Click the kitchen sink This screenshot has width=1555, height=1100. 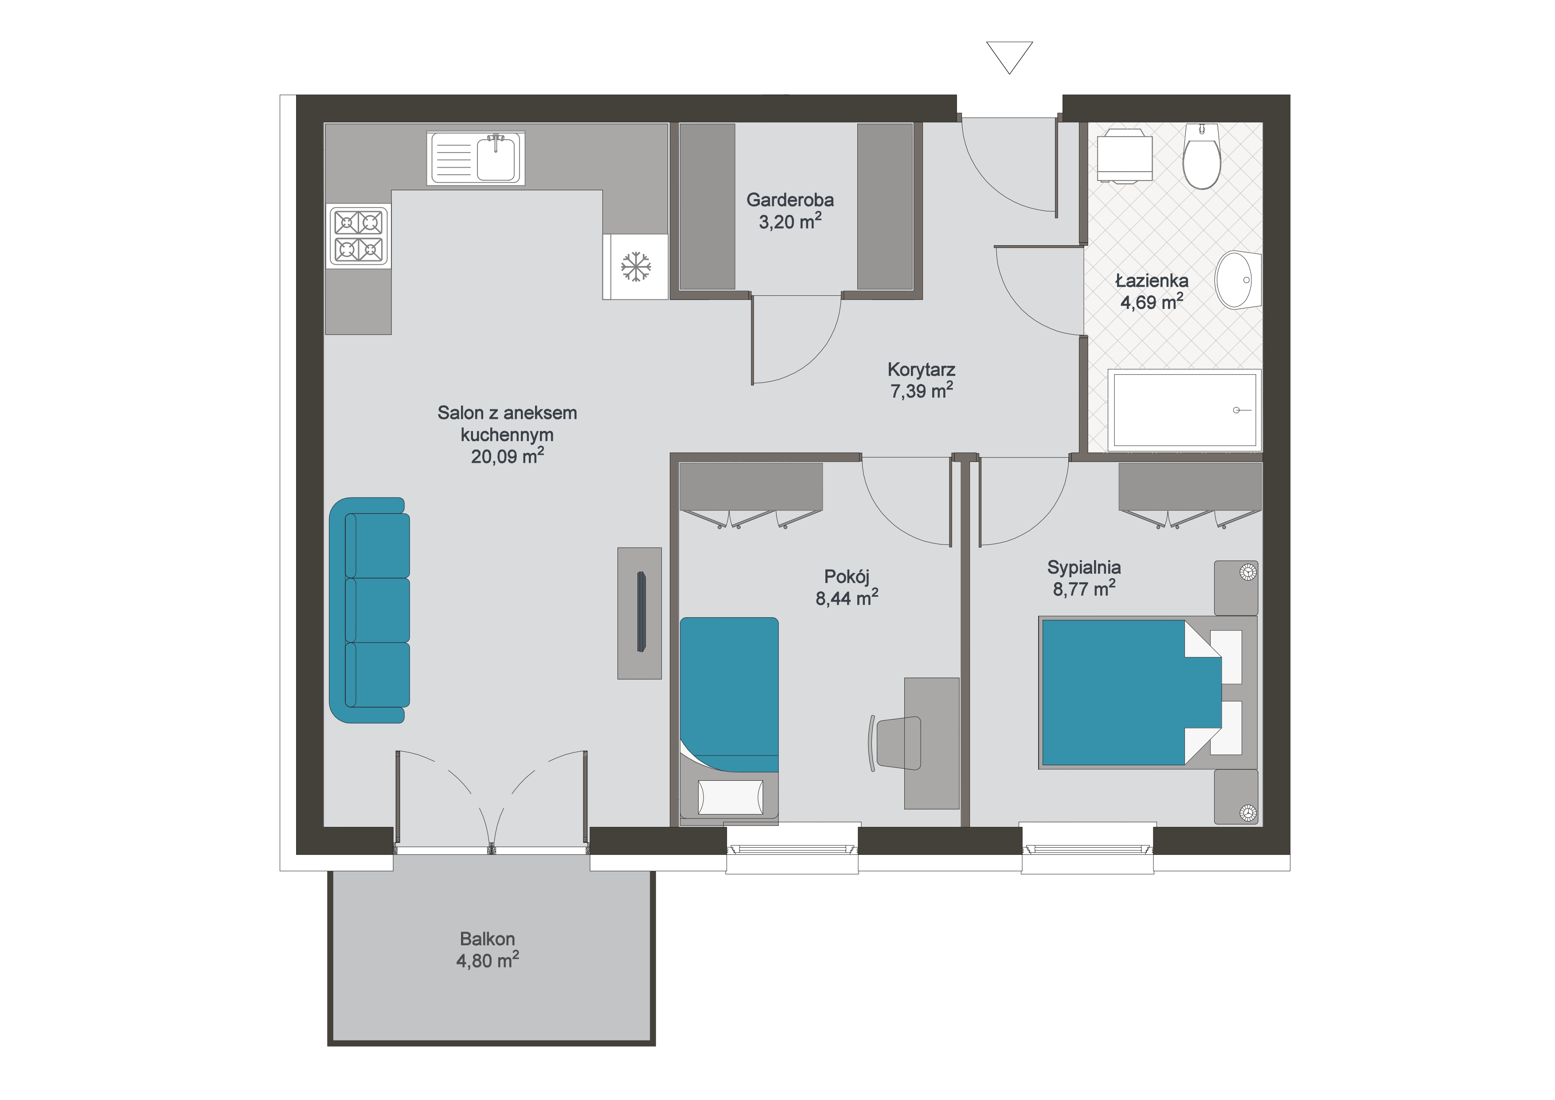click(476, 158)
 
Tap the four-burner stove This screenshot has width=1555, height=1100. click(359, 236)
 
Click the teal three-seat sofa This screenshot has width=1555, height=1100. click(369, 610)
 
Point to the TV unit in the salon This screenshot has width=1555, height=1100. click(639, 613)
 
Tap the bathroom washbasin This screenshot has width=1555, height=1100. click(1238, 280)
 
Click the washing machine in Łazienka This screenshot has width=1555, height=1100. click(1124, 157)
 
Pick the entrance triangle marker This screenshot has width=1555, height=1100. click(1009, 57)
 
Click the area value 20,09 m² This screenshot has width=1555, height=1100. click(507, 456)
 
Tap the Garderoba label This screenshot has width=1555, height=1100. click(790, 200)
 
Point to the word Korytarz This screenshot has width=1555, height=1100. click(921, 370)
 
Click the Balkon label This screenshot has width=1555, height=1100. click(487, 939)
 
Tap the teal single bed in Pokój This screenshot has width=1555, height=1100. click(729, 717)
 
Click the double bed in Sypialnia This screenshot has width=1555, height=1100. click(1148, 692)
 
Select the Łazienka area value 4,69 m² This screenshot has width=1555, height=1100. click(1151, 302)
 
